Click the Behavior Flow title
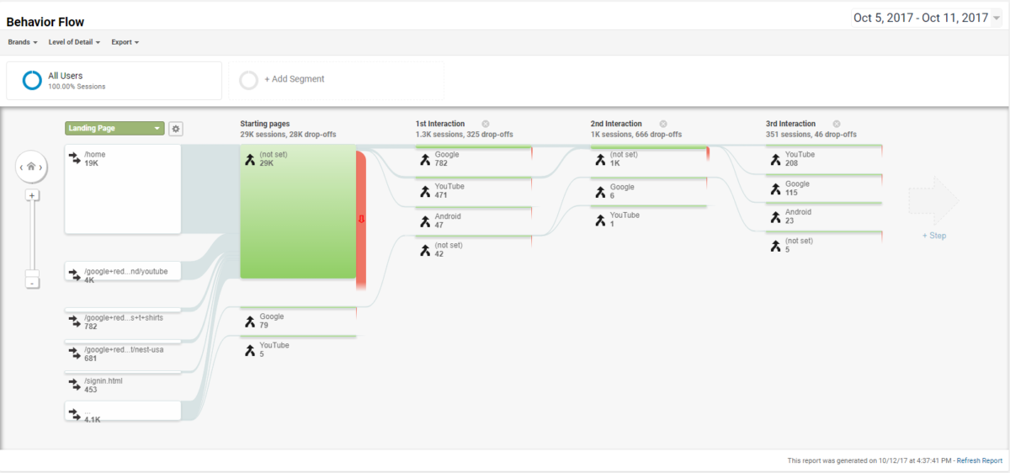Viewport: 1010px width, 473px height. click(x=45, y=22)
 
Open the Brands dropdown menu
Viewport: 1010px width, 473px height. click(x=24, y=42)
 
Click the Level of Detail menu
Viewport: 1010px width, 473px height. click(x=74, y=42)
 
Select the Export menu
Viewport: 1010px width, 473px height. click(x=125, y=42)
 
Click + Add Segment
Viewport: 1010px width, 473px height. click(x=294, y=79)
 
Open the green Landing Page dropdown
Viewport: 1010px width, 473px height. click(x=114, y=129)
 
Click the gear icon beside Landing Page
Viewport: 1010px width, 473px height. click(x=175, y=129)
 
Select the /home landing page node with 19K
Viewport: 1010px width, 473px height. click(x=123, y=189)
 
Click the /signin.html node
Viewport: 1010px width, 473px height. click(x=123, y=385)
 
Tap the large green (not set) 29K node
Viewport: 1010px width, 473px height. click(x=298, y=211)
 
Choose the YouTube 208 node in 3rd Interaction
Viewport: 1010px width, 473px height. click(x=824, y=159)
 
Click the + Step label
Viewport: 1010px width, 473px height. click(x=933, y=236)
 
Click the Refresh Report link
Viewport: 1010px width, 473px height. click(x=980, y=460)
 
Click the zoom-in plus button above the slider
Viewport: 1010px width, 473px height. click(x=31, y=195)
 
